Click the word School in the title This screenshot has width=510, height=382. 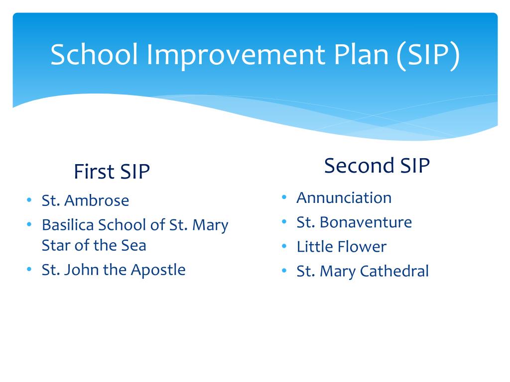(94, 54)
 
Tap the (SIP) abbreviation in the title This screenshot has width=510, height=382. (428, 55)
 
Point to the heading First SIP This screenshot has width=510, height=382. (112, 171)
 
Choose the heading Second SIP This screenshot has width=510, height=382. (377, 165)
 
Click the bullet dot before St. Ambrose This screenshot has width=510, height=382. (29, 199)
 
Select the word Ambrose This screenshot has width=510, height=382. (97, 200)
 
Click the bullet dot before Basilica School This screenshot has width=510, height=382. (29, 224)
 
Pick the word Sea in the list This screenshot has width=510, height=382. (133, 245)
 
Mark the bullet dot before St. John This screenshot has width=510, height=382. (29, 269)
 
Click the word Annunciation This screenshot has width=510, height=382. (344, 197)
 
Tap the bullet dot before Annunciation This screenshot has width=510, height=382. (284, 197)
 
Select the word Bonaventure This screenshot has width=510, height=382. (366, 222)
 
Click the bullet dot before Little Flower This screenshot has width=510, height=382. (284, 246)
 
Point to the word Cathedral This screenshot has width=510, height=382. (394, 271)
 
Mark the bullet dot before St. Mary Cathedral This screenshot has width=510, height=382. (284, 270)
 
